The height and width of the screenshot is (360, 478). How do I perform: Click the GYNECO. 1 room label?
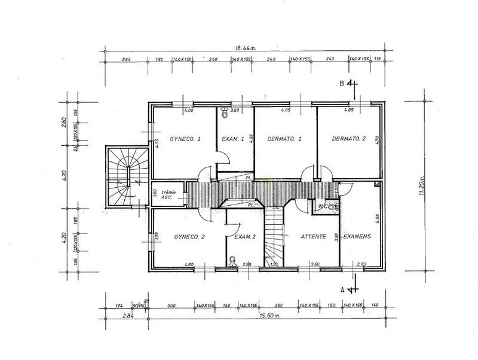(x=184, y=139)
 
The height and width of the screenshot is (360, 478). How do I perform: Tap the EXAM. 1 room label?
(x=233, y=139)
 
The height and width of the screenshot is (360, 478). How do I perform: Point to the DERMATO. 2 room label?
(x=348, y=139)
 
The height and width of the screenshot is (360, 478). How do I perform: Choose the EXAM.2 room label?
(x=245, y=237)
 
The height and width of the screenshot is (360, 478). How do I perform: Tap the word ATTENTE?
(x=311, y=237)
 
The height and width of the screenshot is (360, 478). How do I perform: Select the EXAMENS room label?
(x=358, y=237)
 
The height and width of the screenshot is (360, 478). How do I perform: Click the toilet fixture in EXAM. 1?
(x=223, y=111)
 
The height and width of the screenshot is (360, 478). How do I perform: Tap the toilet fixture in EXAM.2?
(x=234, y=261)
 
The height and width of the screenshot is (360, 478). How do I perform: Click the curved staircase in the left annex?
(x=127, y=175)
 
